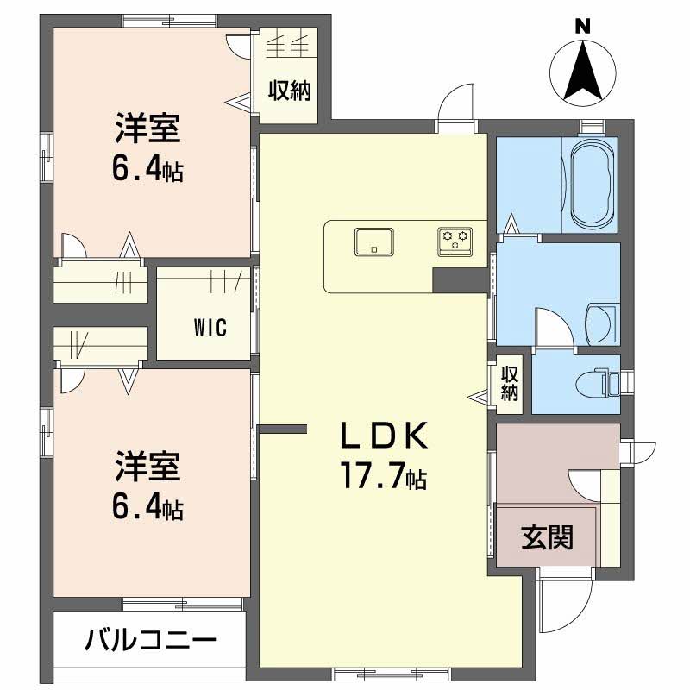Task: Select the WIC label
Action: [x=210, y=328]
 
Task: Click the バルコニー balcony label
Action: [x=150, y=641]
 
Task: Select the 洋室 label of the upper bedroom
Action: [x=147, y=129]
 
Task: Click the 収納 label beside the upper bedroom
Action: [x=288, y=89]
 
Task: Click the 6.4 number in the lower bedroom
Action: [x=139, y=509]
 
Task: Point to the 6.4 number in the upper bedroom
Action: [x=139, y=170]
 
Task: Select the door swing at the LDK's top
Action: [x=456, y=108]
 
